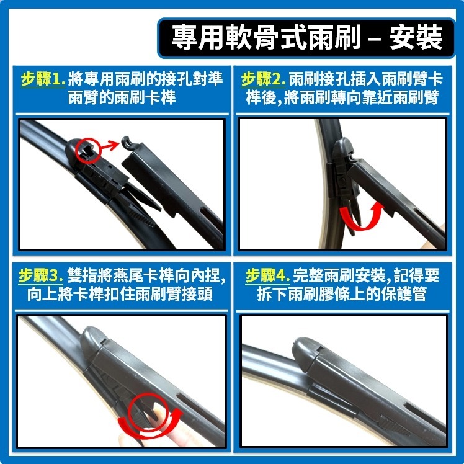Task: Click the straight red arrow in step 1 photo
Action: point(112,145)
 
